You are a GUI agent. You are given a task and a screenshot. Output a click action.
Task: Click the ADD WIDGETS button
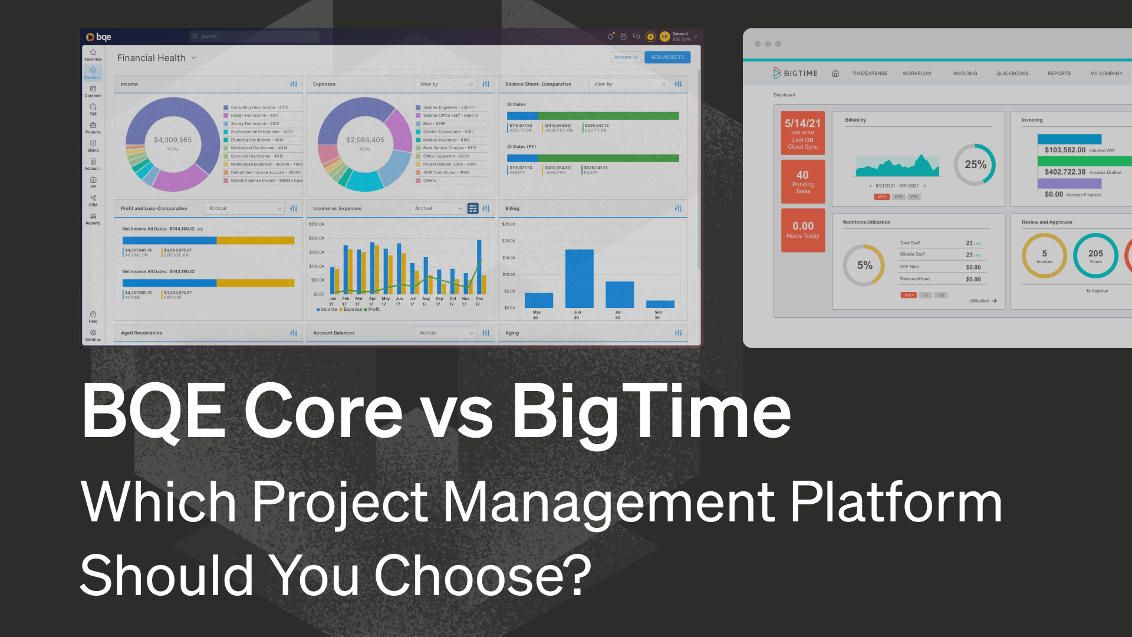667,57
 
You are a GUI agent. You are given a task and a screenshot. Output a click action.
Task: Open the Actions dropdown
625,57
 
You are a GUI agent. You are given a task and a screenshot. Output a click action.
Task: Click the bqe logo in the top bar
98,37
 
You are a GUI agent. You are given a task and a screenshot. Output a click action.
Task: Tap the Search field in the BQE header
255,37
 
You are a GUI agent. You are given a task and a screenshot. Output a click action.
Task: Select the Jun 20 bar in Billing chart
579,278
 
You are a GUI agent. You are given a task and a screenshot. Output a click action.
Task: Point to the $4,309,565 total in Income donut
173,140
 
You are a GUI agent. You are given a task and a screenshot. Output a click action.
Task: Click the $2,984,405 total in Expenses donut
365,140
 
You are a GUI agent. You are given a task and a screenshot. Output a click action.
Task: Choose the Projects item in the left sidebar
93,128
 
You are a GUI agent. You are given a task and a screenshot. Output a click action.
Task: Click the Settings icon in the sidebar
93,335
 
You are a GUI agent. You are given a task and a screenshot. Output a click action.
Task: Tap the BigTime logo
795,73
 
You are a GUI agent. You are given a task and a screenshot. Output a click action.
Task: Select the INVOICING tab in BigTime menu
965,74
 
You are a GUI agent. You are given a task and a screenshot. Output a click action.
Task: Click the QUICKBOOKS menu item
1012,74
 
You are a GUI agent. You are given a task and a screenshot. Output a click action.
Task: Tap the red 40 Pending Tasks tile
803,182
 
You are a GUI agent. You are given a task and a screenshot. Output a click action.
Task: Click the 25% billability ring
975,165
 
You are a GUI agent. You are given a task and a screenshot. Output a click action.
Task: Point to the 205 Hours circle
1095,255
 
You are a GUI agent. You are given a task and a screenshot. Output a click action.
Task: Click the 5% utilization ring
864,265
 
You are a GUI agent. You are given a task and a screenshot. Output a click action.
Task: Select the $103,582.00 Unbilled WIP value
1065,150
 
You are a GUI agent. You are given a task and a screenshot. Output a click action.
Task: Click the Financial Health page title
152,58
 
